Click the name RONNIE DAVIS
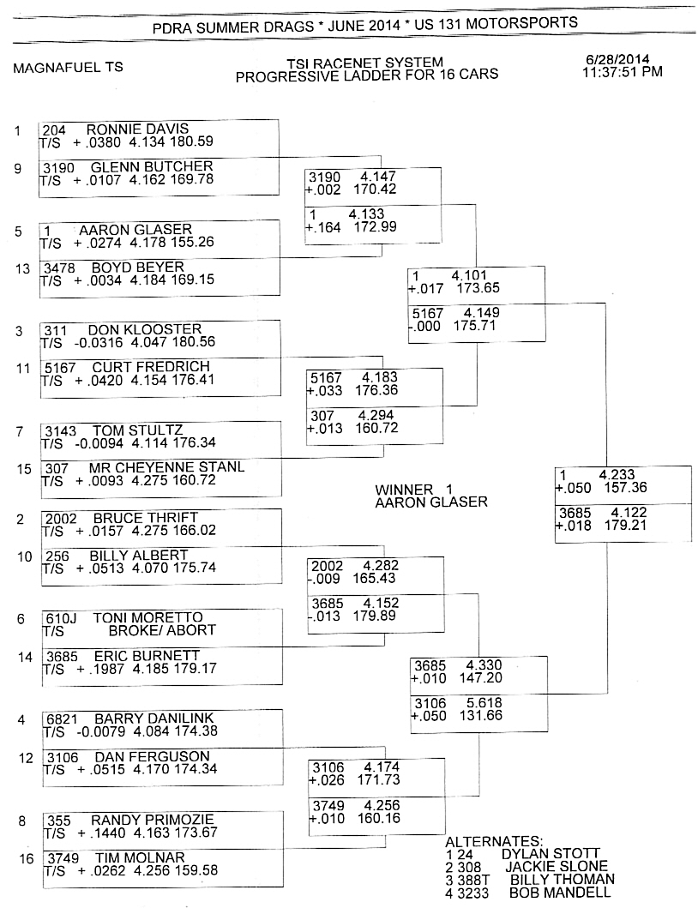point(137,129)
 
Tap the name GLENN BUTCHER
point(152,167)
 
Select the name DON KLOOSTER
point(145,329)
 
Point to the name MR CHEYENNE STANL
point(167,467)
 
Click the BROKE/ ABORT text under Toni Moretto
point(162,630)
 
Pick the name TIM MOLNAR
point(140,857)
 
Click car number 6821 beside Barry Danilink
point(62,719)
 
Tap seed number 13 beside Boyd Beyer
point(22,268)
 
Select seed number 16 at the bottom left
point(27,858)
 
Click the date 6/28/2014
point(617,59)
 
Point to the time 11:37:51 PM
point(623,72)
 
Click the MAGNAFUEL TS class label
point(69,67)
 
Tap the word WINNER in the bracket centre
point(404,490)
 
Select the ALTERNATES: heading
point(494,841)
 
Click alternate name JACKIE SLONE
point(557,867)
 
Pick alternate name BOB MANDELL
point(560,893)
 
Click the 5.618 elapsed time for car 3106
point(484,703)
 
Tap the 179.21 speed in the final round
point(626,526)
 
